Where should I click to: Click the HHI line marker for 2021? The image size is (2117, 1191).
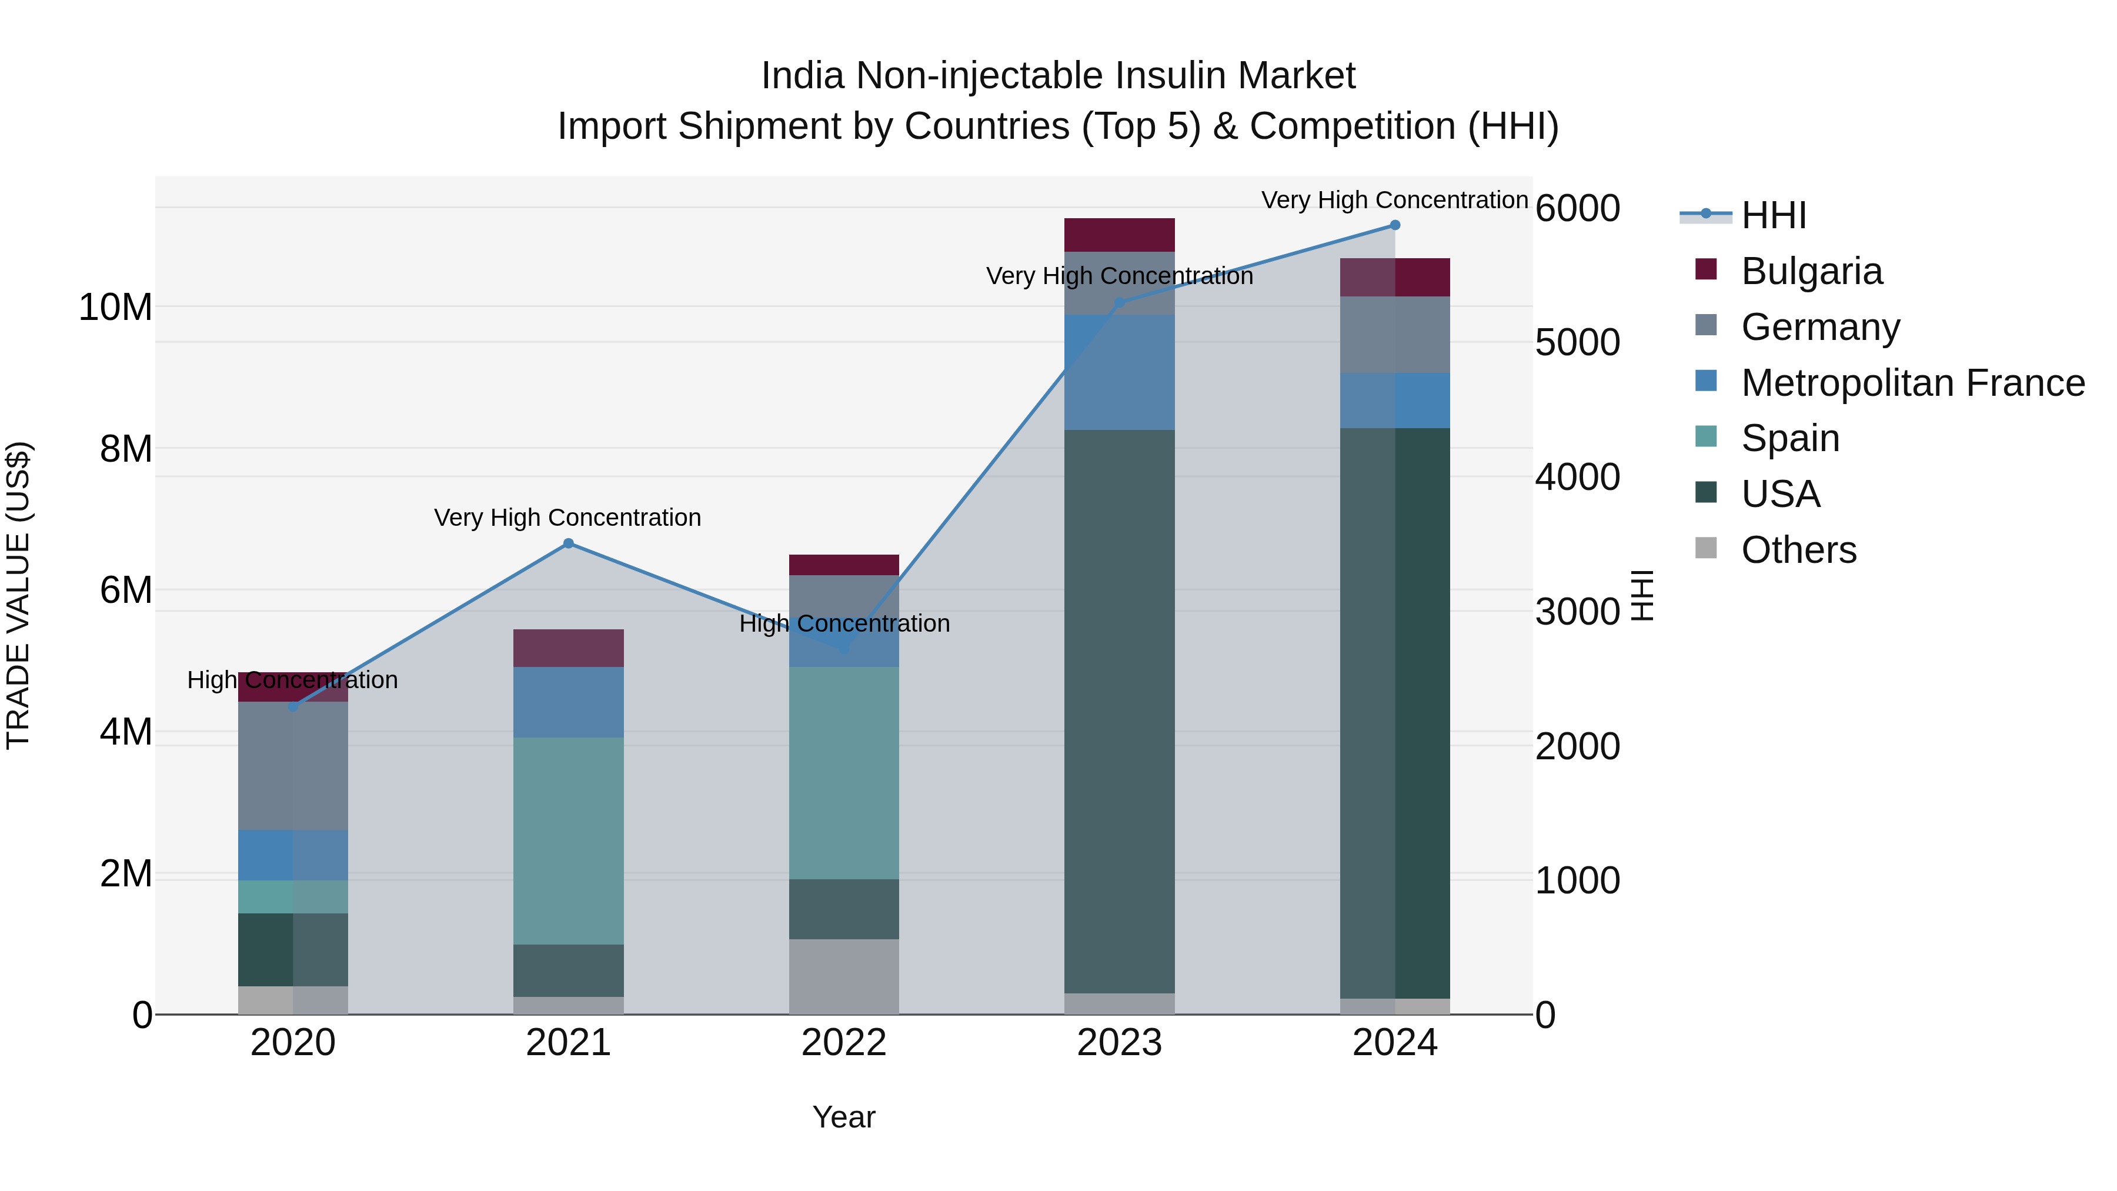568,543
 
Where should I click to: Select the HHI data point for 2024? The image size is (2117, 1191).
1395,225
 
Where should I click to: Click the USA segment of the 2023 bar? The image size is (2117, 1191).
1119,711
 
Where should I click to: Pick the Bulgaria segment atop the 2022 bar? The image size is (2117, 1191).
844,565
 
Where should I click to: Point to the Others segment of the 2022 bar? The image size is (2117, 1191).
844,976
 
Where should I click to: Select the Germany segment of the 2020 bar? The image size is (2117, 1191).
293,765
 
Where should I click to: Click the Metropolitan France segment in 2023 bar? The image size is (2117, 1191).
1119,372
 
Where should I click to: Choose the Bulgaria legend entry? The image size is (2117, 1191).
1811,271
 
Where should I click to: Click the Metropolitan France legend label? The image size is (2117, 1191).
1912,383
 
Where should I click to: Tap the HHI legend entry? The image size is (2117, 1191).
1774,215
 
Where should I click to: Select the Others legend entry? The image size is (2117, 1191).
1798,550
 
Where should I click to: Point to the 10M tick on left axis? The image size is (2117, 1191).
115,308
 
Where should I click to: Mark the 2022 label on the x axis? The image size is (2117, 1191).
844,1043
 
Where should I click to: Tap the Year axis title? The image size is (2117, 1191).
844,1117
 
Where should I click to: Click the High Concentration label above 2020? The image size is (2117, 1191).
293,680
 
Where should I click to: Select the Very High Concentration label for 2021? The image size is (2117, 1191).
568,518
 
